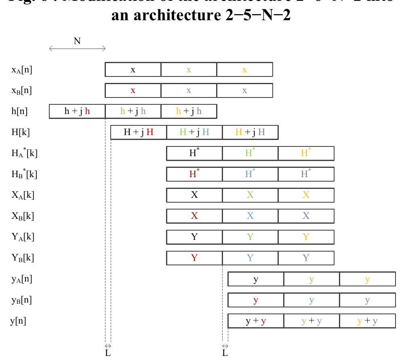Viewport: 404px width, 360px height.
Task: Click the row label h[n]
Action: click(19, 111)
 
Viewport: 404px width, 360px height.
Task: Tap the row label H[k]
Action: click(20, 132)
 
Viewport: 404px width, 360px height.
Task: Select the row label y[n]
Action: click(18, 321)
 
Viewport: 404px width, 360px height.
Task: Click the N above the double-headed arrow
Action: click(77, 41)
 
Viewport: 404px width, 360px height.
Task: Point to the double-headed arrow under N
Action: click(77, 49)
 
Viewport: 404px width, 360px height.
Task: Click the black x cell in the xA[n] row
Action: click(133, 70)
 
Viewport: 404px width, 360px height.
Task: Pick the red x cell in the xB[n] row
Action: click(133, 91)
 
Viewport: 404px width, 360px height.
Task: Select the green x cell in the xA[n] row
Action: click(189, 70)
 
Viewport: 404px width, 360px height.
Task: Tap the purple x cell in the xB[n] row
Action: click(244, 91)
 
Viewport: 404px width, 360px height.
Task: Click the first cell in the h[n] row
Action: click(77, 111)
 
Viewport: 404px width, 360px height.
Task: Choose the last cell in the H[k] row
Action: click(250, 132)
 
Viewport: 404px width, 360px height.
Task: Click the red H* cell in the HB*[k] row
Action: click(194, 174)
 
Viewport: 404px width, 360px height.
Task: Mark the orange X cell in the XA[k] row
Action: click(306, 195)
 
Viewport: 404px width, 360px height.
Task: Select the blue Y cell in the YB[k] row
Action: click(250, 258)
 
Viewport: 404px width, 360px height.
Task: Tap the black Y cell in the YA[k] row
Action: click(194, 237)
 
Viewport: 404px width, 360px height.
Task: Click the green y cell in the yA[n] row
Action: click(311, 279)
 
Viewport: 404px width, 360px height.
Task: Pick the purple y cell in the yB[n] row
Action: click(367, 300)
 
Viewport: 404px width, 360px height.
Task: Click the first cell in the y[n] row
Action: click(256, 321)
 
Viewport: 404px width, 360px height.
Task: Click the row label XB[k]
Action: click(23, 216)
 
